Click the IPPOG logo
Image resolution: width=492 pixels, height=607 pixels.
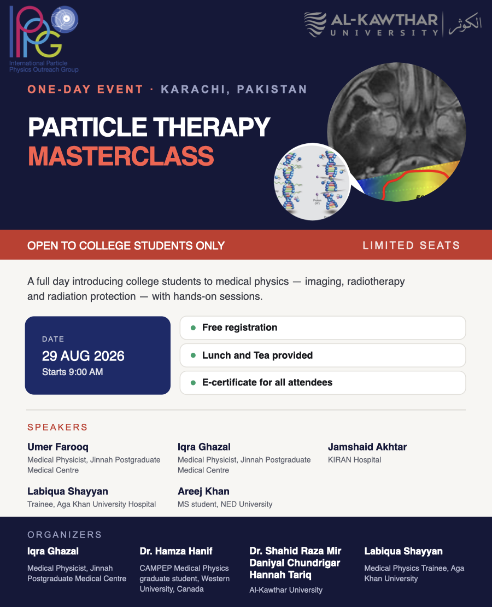pos(44,39)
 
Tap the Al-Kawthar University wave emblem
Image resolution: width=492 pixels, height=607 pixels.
pos(315,25)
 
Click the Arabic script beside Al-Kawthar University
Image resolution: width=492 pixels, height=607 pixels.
pos(465,24)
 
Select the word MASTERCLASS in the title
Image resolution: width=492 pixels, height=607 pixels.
pos(121,156)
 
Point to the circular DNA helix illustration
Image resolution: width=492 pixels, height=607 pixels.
pos(312,182)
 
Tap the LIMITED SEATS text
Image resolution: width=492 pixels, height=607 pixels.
pos(412,246)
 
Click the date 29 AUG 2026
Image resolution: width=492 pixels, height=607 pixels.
pos(83,356)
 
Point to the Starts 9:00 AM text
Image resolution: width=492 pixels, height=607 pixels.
pos(72,372)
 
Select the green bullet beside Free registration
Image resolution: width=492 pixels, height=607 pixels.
pos(193,328)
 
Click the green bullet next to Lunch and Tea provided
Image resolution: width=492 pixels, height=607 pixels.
pos(193,355)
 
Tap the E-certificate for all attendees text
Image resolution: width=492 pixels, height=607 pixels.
pos(267,382)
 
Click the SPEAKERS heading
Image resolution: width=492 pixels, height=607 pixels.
pos(57,428)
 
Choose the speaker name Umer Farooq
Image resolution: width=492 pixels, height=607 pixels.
pos(58,447)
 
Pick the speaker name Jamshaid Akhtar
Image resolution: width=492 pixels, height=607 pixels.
pos(367,447)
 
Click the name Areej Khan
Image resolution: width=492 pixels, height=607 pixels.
pos(203,492)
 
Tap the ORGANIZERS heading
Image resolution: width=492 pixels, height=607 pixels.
pos(65,535)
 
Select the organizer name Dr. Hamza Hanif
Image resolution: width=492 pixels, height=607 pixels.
pos(176,551)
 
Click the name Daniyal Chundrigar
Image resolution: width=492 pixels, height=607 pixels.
pos(295,563)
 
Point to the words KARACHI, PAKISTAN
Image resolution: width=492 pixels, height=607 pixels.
pos(234,90)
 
